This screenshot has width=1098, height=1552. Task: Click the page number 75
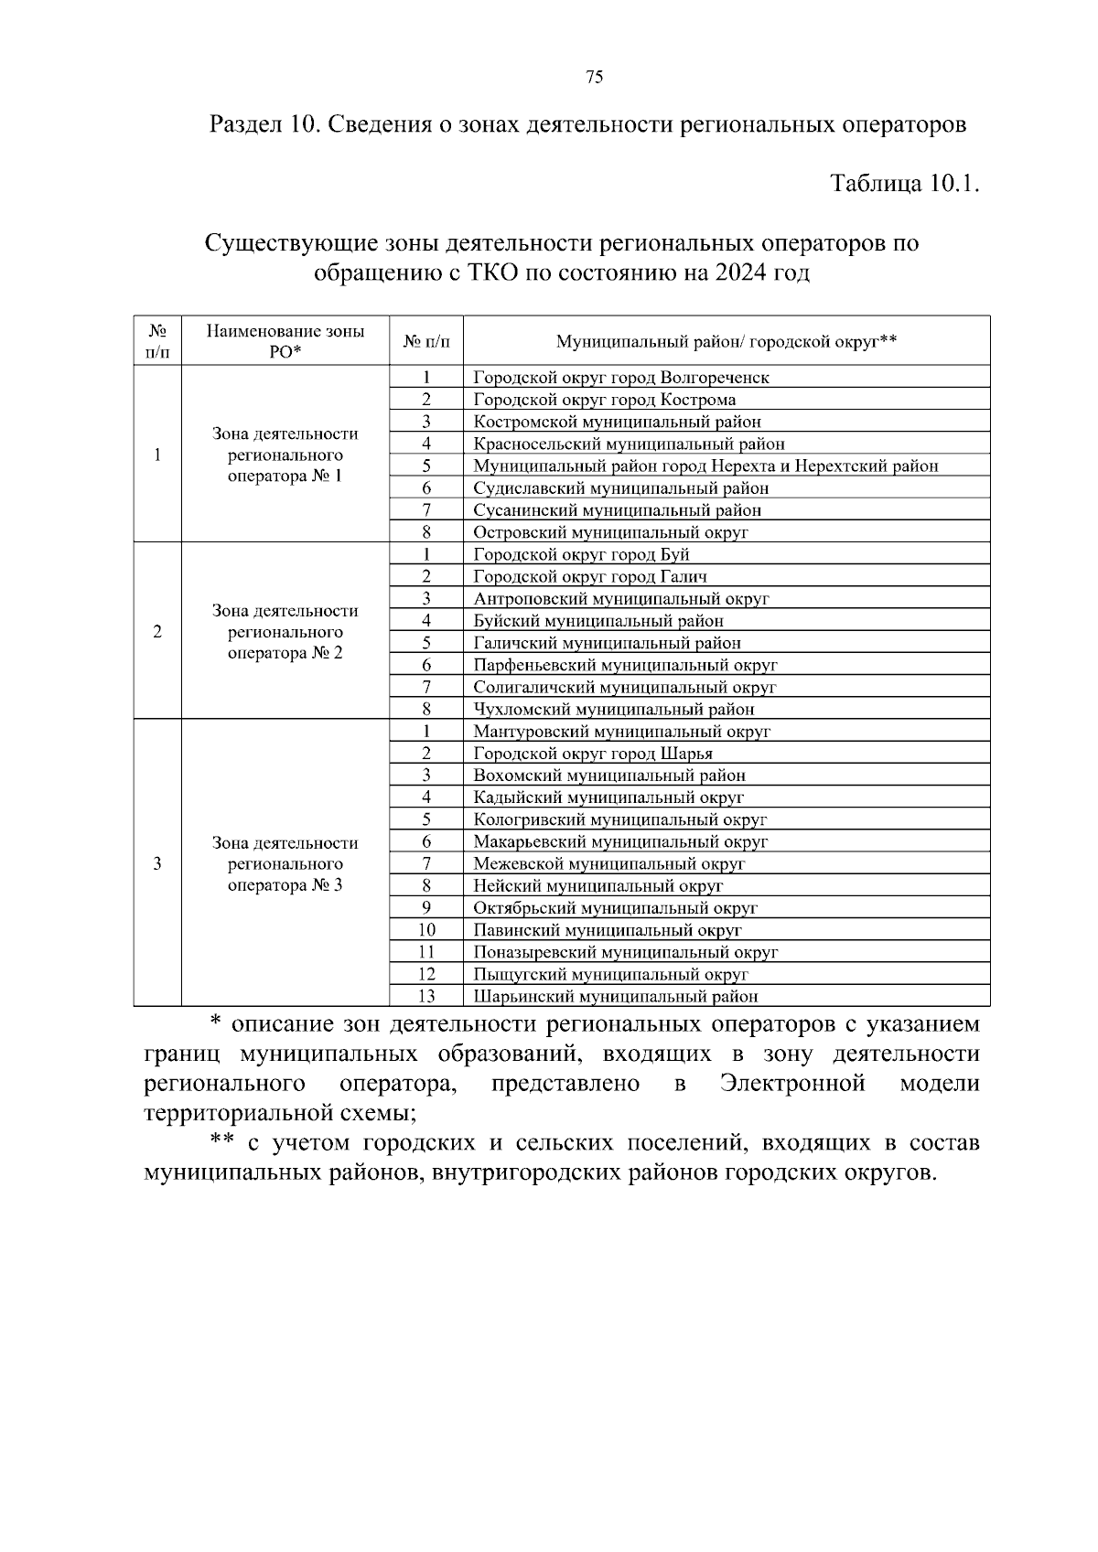click(x=594, y=78)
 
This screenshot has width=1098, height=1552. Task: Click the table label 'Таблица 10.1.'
click(x=904, y=183)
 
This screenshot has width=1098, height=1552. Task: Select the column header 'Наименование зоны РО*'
click(x=285, y=341)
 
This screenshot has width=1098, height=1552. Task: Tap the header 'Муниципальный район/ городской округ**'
click(x=726, y=341)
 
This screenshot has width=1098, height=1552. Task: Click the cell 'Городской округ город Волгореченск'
click(x=621, y=377)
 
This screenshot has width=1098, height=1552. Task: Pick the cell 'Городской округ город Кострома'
click(x=604, y=400)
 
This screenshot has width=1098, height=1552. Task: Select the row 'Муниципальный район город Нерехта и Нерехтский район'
click(x=705, y=466)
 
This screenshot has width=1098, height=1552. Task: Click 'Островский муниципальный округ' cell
click(x=610, y=532)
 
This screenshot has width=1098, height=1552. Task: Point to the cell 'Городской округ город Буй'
click(x=581, y=554)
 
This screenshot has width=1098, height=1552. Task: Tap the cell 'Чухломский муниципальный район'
click(x=613, y=709)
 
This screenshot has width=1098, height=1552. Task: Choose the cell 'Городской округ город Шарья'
click(x=593, y=754)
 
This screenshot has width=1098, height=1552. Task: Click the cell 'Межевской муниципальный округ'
click(x=609, y=863)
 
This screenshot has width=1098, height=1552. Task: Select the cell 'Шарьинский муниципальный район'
click(x=615, y=997)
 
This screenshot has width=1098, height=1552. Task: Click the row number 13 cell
click(x=426, y=997)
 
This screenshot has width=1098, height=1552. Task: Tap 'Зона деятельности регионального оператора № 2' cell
click(x=285, y=632)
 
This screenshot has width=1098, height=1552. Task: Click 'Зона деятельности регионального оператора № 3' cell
click(x=285, y=863)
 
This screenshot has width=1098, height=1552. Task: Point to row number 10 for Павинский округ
click(x=426, y=930)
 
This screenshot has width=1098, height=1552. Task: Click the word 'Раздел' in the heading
click(x=244, y=123)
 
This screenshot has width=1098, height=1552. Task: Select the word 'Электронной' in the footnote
click(x=792, y=1084)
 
